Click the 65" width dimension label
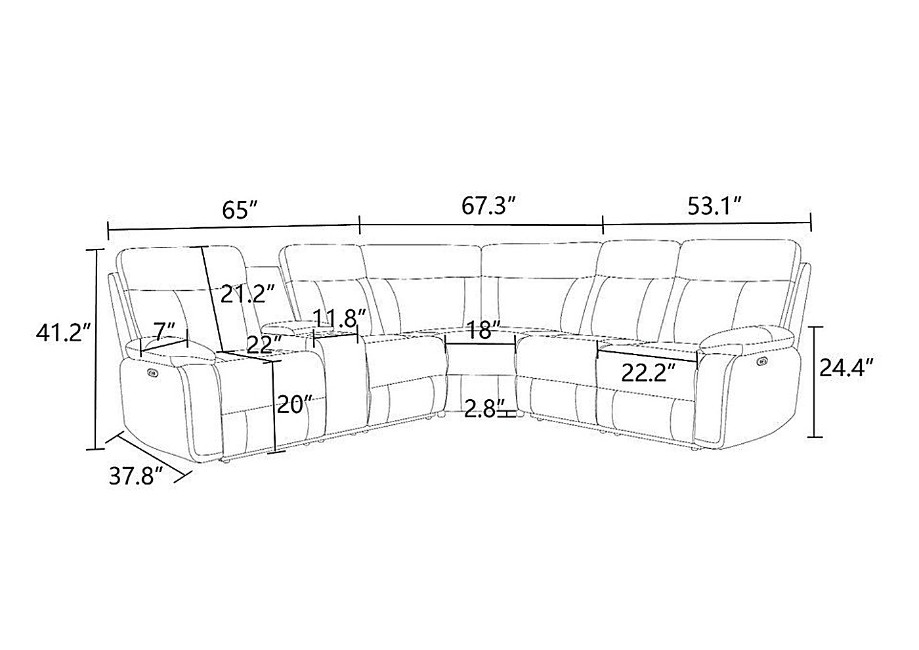[240, 210]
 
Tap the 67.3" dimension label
[488, 206]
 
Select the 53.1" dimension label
[715, 206]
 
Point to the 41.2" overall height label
[63, 332]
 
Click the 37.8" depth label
[137, 476]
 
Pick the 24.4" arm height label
[846, 367]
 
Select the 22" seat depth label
[265, 344]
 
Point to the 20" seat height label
[295, 404]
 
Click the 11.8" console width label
[339, 318]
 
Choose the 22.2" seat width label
[649, 373]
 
